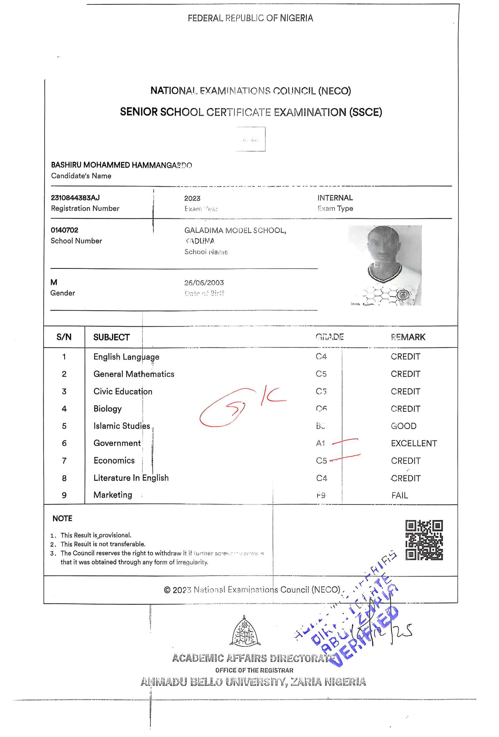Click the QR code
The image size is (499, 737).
pos(424,540)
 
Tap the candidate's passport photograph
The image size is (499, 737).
pos(385,265)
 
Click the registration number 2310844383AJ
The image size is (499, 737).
pos(75,198)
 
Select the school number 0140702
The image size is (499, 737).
pos(64,230)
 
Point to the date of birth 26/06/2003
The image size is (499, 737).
pos(204,283)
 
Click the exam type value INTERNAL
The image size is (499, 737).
pos(335,198)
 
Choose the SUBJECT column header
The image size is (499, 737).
pos(111,337)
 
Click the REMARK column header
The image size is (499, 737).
pos(408,337)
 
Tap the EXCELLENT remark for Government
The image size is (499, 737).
pos(414,443)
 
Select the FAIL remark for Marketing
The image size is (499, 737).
pos(400,495)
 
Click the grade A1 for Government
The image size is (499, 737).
pos(320,443)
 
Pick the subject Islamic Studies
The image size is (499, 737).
pos(122,426)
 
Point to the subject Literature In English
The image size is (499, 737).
pos(131,478)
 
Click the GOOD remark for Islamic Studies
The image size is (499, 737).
pos(403,426)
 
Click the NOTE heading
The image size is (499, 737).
pos(62,519)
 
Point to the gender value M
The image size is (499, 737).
pos(54,282)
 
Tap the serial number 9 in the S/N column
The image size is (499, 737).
pos(64,495)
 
